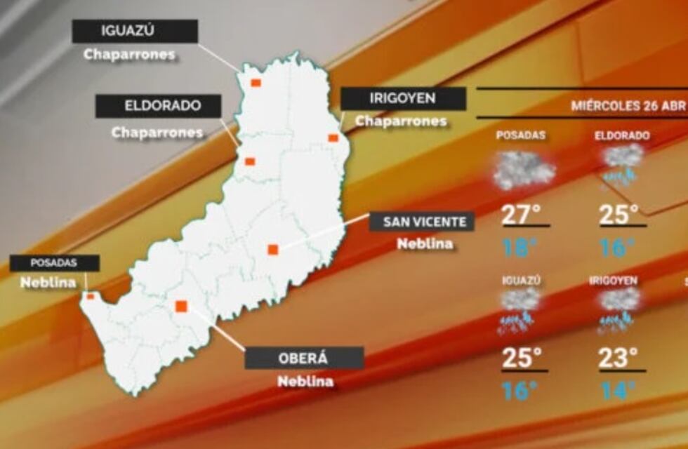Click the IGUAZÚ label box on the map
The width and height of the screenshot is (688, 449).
pyautogui.click(x=135, y=32)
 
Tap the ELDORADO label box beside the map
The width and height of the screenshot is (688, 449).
pyautogui.click(x=158, y=107)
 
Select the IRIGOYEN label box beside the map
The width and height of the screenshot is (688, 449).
pyautogui.click(x=403, y=99)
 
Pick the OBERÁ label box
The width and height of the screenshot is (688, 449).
pyautogui.click(x=304, y=358)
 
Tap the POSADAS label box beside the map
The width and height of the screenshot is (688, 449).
pyautogui.click(x=54, y=263)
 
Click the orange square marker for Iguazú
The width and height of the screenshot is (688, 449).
pyautogui.click(x=256, y=83)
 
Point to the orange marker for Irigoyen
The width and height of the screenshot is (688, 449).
pyautogui.click(x=333, y=138)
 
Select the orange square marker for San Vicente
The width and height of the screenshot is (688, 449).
pyautogui.click(x=273, y=249)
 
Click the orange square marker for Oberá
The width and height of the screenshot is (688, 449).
pyautogui.click(x=181, y=306)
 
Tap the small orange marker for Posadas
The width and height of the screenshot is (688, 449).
pyautogui.click(x=90, y=296)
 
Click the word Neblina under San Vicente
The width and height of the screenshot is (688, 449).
pyautogui.click(x=425, y=244)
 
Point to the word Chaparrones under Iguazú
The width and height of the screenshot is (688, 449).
pyautogui.click(x=129, y=55)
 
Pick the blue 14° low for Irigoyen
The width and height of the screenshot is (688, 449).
pyautogui.click(x=618, y=391)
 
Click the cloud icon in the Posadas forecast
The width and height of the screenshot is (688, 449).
pyautogui.click(x=524, y=169)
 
